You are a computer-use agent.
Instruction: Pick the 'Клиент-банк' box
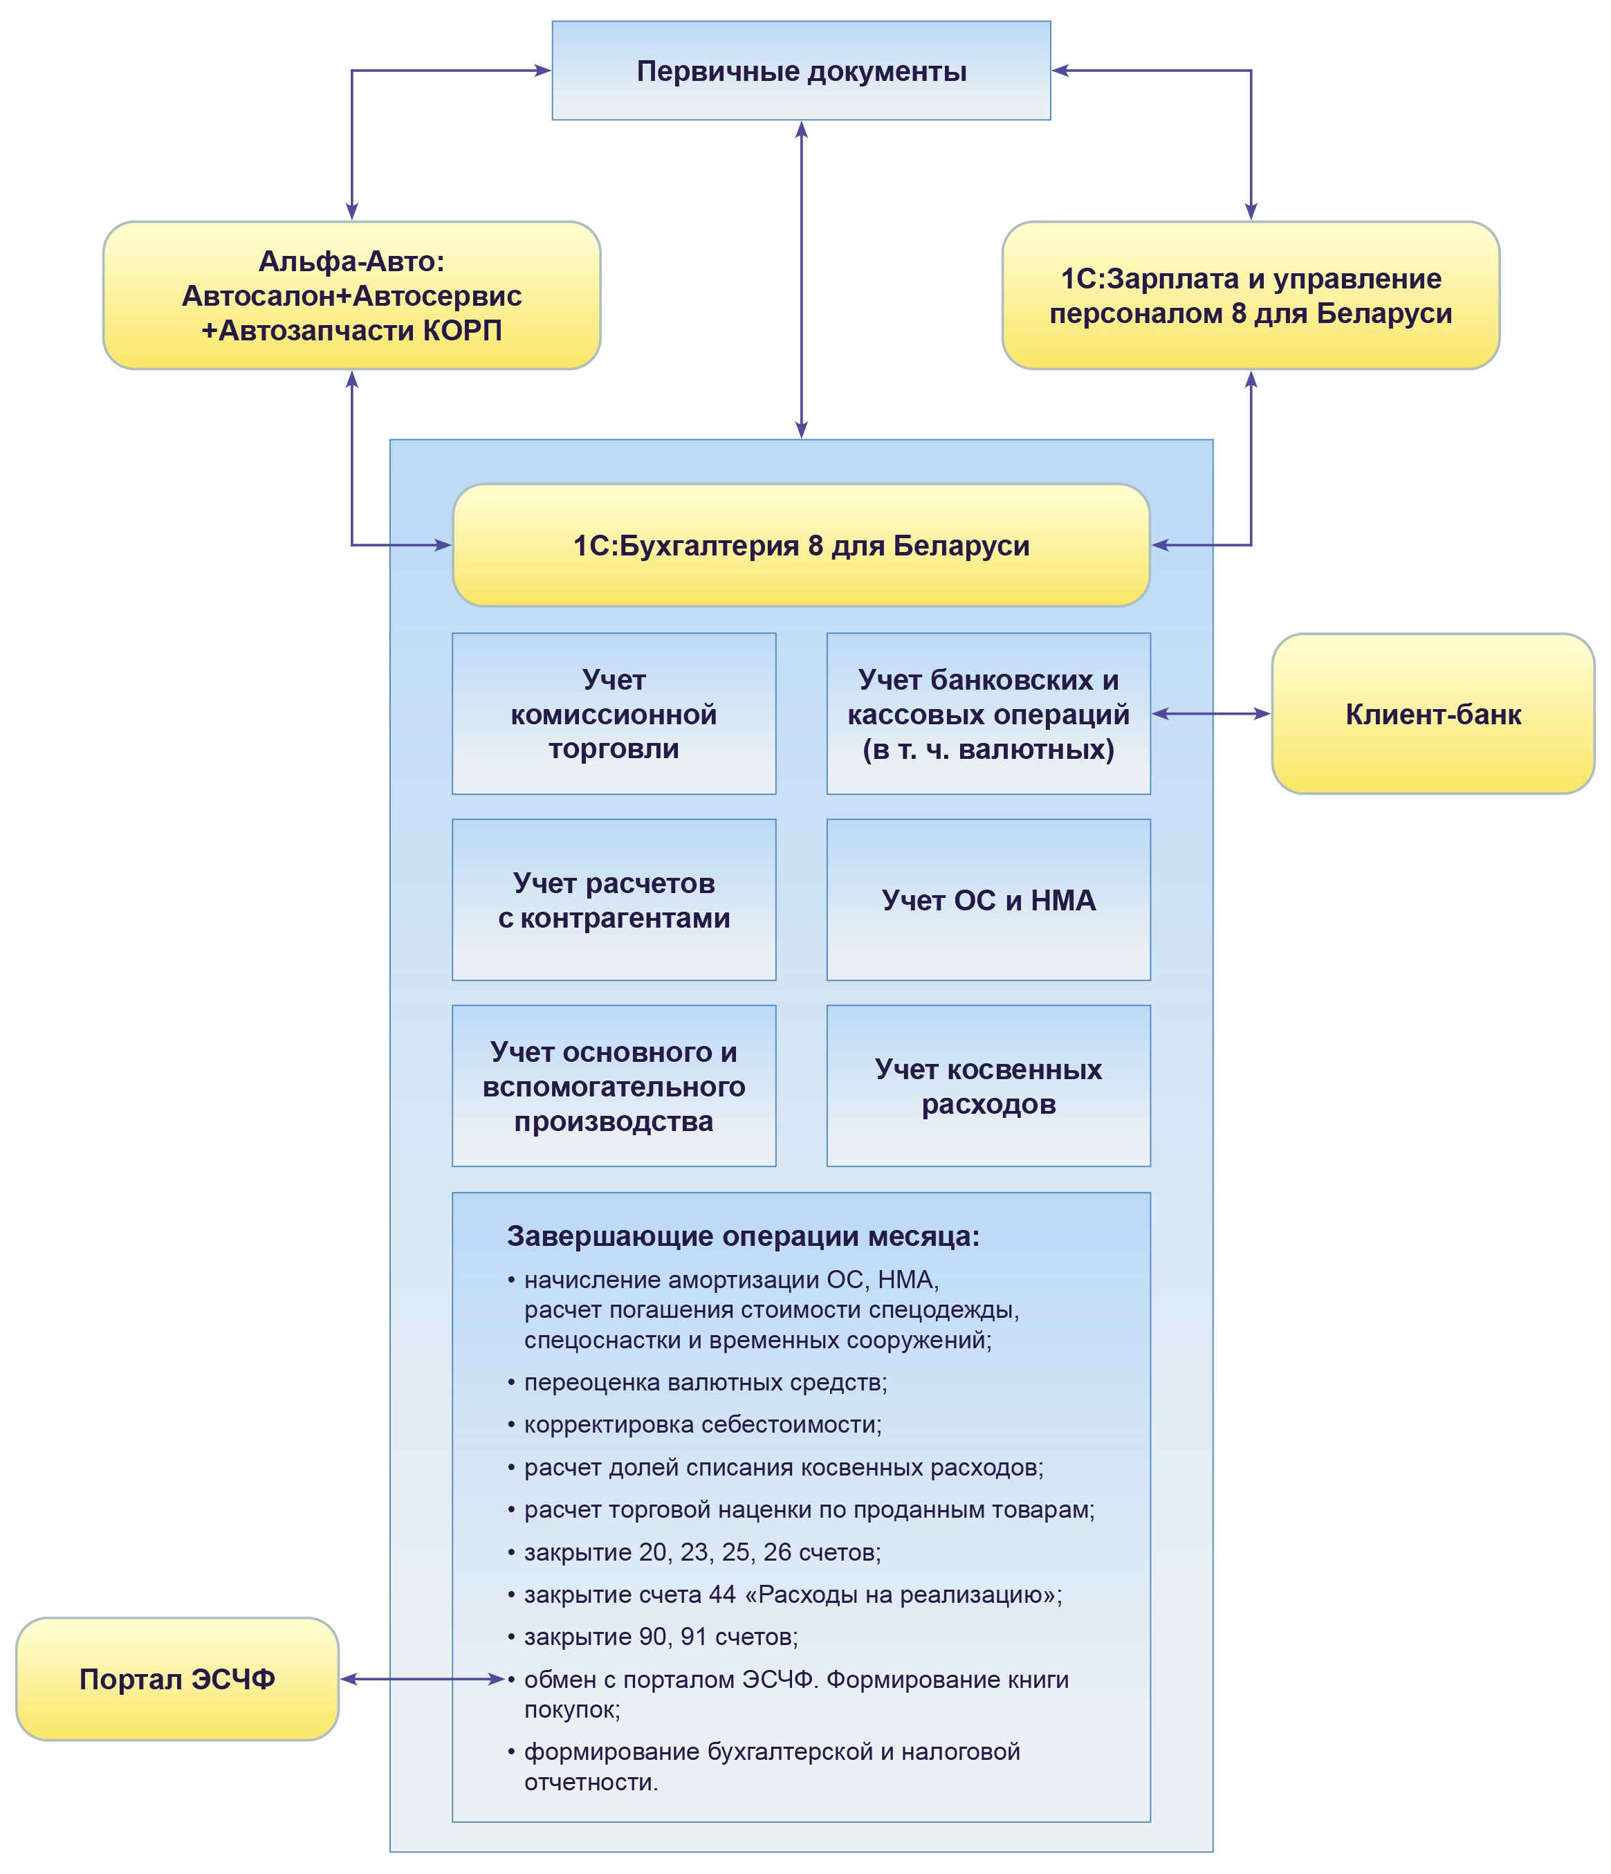[1432, 715]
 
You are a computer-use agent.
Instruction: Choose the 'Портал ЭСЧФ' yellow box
[177, 1680]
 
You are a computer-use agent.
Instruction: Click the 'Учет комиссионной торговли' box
[614, 715]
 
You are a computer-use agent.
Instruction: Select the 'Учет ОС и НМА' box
[988, 901]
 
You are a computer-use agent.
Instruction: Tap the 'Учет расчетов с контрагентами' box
[614, 901]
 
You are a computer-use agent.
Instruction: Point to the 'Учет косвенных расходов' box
[988, 1086]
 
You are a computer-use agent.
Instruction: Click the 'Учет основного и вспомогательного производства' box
[614, 1086]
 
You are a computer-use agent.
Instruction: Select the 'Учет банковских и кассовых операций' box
[988, 715]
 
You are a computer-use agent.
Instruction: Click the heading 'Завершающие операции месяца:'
[743, 1236]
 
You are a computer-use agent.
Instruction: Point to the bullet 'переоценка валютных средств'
[705, 1383]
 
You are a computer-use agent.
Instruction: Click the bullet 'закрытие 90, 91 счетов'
[661, 1637]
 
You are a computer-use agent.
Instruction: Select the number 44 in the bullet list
[722, 1595]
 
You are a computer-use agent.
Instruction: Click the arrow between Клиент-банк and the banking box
[1210, 715]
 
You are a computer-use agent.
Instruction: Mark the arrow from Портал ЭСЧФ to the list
[421, 1680]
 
